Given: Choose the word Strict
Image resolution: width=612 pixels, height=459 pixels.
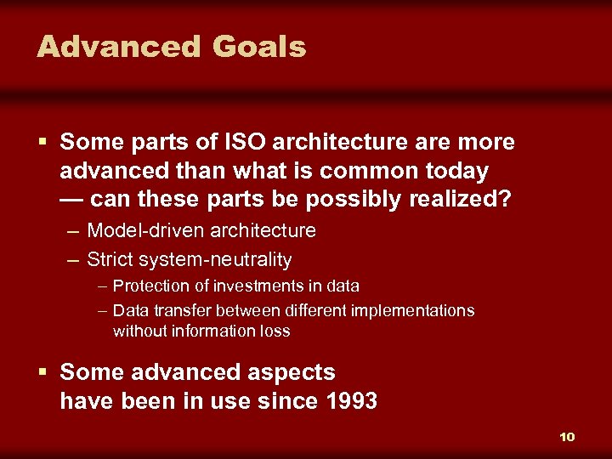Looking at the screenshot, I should (x=108, y=259).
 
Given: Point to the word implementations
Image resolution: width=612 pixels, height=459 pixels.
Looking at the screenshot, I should (x=414, y=311).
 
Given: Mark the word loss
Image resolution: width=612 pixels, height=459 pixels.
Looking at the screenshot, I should (x=275, y=331).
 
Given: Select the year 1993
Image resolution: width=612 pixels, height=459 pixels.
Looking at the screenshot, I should (x=351, y=401).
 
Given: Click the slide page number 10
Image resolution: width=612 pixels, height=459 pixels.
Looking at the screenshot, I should (x=567, y=437).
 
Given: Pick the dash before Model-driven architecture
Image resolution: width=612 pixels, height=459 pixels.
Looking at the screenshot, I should (x=73, y=230).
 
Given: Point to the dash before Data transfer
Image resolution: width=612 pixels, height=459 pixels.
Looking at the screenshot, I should (x=102, y=311).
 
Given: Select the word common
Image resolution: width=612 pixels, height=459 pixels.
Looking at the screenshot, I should (x=360, y=171).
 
